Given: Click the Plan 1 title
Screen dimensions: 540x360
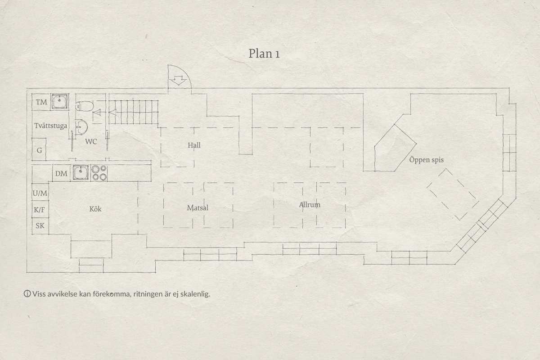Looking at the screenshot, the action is (x=264, y=54).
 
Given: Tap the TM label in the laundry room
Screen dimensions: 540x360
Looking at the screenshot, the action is (x=41, y=102).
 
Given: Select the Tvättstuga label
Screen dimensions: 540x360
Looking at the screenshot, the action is (x=50, y=126).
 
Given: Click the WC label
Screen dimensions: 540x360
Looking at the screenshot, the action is (x=91, y=142).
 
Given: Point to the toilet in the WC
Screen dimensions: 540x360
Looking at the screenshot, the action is (x=85, y=106).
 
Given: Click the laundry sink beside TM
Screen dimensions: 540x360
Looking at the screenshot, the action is (x=59, y=102).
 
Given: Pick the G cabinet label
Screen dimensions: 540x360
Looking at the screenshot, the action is (x=39, y=150).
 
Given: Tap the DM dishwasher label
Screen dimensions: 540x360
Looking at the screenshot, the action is (x=61, y=174).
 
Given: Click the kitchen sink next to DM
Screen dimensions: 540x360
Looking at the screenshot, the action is (x=80, y=173).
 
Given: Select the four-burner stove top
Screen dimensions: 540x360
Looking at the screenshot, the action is (x=99, y=173).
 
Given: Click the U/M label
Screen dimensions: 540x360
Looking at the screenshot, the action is (x=40, y=193).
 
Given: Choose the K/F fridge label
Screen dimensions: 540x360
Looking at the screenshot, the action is (x=39, y=210).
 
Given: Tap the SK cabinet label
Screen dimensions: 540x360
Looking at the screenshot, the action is (x=40, y=226).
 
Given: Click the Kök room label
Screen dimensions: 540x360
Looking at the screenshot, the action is (x=95, y=209).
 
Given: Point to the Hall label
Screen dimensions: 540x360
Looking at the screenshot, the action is (x=194, y=145).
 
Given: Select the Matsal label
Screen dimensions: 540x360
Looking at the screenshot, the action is (x=198, y=208).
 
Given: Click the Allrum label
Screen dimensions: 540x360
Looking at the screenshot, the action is (x=310, y=205).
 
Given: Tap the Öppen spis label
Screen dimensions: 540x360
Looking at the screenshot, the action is (x=427, y=160).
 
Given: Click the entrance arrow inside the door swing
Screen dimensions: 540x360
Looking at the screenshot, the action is (x=178, y=80).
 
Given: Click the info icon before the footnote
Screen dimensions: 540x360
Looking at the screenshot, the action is (x=27, y=294).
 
